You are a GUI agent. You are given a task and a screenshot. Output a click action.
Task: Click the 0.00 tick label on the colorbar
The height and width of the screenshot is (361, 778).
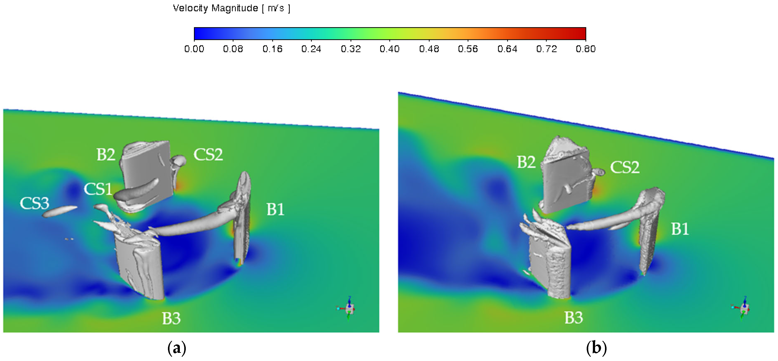pyautogui.click(x=194, y=49)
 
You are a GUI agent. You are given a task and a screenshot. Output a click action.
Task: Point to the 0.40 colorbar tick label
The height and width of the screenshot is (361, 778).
pyautogui.click(x=390, y=49)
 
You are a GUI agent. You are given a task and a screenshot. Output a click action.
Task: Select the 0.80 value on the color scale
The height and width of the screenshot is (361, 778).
pyautogui.click(x=586, y=49)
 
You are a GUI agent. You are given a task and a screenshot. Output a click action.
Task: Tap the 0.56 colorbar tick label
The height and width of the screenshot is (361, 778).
pyautogui.click(x=468, y=49)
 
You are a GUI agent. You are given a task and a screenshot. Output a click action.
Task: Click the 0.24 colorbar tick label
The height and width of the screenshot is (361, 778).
pyautogui.click(x=311, y=49)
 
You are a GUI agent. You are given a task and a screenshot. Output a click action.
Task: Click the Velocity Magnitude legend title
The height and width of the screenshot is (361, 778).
pyautogui.click(x=232, y=8)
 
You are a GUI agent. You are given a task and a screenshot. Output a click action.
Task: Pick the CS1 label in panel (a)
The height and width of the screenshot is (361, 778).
pyautogui.click(x=98, y=189)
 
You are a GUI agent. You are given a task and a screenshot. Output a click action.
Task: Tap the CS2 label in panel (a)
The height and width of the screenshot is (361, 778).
pyautogui.click(x=208, y=155)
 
